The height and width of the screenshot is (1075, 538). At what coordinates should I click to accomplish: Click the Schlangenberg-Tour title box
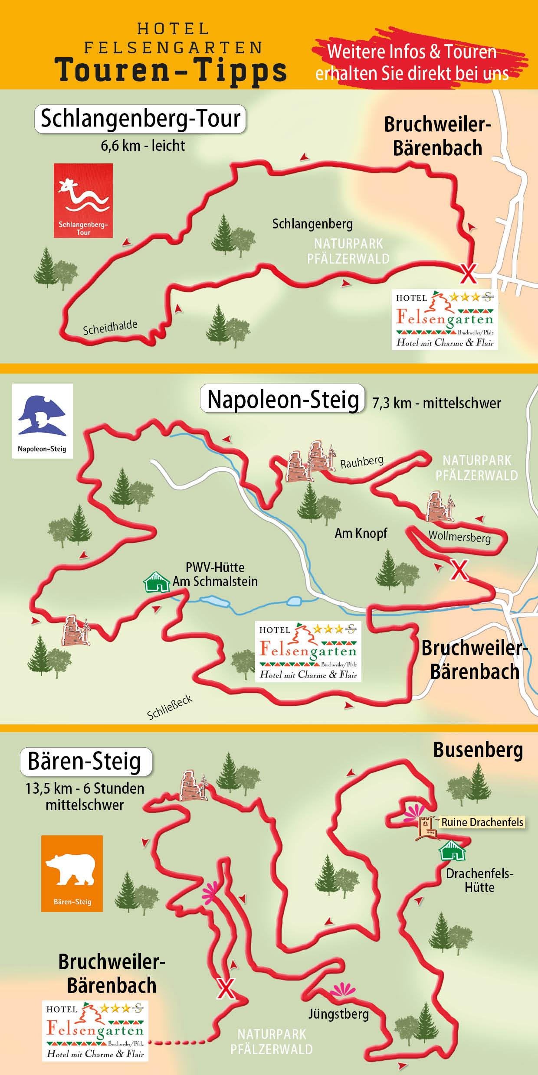[x=140, y=119]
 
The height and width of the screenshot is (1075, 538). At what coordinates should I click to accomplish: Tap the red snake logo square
[x=83, y=200]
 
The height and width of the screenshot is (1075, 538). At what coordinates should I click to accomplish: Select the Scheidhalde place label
[x=110, y=327]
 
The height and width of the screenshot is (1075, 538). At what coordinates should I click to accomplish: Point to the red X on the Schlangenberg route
[x=468, y=273]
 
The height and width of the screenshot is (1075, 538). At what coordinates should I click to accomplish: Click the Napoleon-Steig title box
[x=282, y=399]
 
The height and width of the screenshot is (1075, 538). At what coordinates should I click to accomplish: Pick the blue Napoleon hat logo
[x=42, y=416]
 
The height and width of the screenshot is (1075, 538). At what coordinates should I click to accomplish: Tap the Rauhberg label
[x=362, y=462]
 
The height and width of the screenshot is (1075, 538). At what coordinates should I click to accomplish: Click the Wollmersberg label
[x=459, y=537]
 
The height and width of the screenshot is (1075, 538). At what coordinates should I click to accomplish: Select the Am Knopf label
[x=361, y=533]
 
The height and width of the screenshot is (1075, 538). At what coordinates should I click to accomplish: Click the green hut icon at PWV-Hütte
[x=156, y=582]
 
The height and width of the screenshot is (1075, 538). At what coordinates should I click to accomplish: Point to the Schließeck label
[x=170, y=707]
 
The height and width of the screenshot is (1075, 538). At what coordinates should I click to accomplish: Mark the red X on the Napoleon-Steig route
[x=459, y=570]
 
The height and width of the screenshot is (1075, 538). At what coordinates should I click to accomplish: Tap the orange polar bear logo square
[x=72, y=873]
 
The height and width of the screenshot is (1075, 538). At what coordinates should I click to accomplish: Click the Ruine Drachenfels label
[x=482, y=822]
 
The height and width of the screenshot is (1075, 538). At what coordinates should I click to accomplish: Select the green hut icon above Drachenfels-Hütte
[x=452, y=850]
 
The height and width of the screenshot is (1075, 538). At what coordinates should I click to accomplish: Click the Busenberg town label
[x=478, y=750]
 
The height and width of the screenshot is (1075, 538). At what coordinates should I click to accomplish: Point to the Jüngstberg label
[x=338, y=1014]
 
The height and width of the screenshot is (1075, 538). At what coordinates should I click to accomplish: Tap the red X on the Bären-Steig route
[x=226, y=988]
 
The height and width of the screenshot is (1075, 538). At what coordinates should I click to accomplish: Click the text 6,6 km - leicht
[x=143, y=146]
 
